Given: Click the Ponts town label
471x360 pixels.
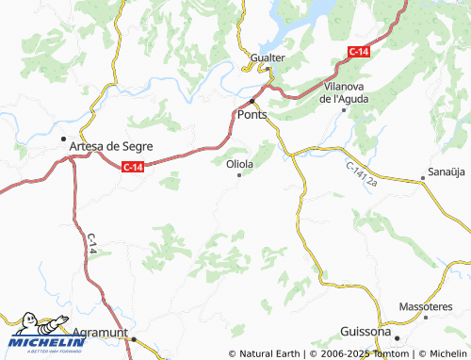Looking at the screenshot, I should [254, 115].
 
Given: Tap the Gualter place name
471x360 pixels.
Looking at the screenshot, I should [268, 58].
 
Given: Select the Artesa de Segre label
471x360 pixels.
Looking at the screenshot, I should [111, 146].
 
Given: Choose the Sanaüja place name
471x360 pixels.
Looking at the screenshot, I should [447, 174].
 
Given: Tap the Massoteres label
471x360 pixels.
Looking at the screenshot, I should [424, 307].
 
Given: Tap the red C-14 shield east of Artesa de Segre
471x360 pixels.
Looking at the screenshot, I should [133, 167].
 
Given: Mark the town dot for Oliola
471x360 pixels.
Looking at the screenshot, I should [239, 174].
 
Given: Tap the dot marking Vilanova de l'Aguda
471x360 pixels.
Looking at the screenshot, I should [344, 110].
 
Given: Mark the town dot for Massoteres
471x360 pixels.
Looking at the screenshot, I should [425, 319].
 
